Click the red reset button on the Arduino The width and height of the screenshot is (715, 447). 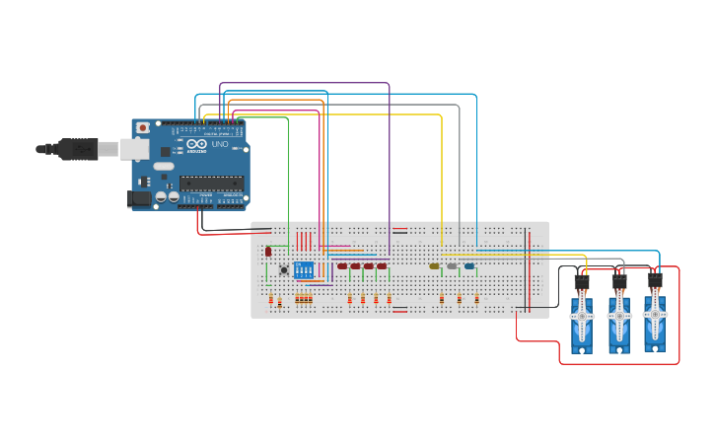[143, 127]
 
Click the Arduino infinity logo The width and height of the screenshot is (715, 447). [196, 145]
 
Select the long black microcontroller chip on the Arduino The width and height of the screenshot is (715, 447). [211, 182]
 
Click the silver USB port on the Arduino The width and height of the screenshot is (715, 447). [134, 149]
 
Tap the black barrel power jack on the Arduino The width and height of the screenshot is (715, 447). [138, 198]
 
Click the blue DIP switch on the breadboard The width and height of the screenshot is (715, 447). [304, 269]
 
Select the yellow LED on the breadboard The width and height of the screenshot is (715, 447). [434, 266]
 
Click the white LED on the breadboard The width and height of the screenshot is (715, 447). [452, 266]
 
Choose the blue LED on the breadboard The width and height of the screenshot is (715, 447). [469, 266]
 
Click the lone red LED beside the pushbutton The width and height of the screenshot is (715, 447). [268, 252]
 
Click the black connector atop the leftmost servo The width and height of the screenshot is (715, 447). [582, 282]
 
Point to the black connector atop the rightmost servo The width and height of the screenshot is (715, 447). [655, 279]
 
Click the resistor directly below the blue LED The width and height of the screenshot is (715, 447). [476, 298]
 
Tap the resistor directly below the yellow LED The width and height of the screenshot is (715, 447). [442, 298]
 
